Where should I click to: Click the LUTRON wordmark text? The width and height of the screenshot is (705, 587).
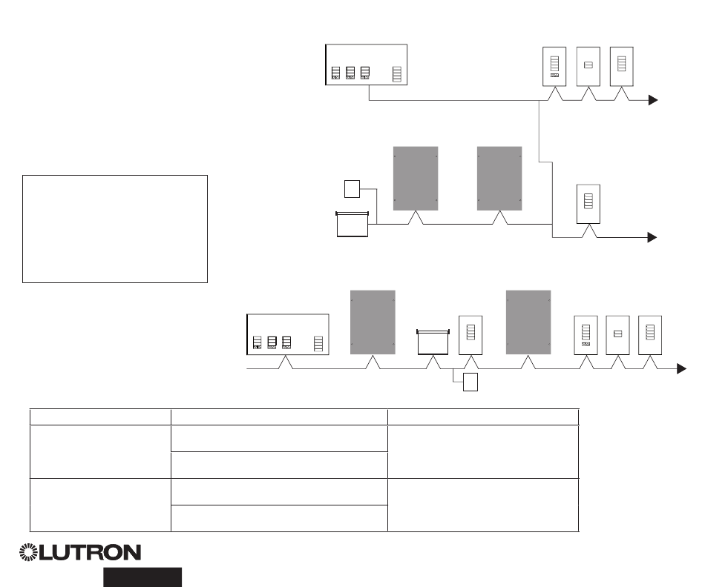pyautogui.click(x=90, y=553)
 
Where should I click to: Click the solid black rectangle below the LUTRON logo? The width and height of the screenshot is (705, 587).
pyautogui.click(x=142, y=577)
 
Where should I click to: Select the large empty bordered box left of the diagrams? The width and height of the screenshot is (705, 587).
pyautogui.click(x=114, y=229)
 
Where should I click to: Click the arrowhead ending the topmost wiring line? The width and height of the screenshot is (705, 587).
pyautogui.click(x=653, y=100)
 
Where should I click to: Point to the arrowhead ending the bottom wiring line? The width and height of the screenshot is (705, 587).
pyautogui.click(x=681, y=368)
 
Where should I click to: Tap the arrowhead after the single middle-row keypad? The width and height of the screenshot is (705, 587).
pyautogui.click(x=653, y=237)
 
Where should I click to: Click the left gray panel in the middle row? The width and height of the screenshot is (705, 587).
pyautogui.click(x=415, y=179)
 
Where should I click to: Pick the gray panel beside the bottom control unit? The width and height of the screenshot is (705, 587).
pyautogui.click(x=373, y=322)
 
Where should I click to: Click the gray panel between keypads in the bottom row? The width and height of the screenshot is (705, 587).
pyautogui.click(x=528, y=322)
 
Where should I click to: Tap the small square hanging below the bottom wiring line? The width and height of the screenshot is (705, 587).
pyautogui.click(x=470, y=382)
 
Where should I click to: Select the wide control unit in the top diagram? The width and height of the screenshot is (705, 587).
pyautogui.click(x=367, y=64)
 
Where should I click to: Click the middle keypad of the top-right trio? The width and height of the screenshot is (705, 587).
pyautogui.click(x=588, y=66)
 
